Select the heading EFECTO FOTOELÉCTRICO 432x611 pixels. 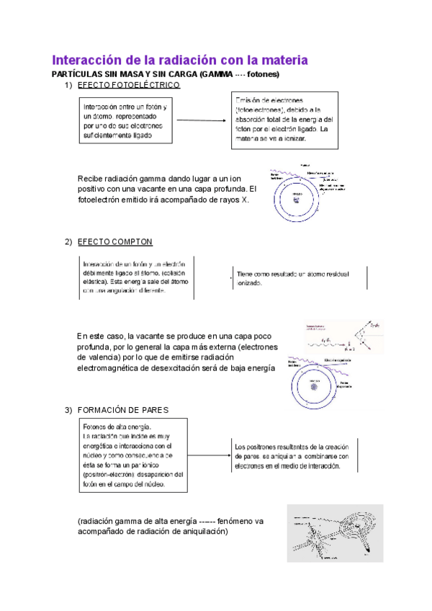click(129, 85)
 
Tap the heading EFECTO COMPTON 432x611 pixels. click(115, 241)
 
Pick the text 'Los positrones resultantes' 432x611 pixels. click(270, 447)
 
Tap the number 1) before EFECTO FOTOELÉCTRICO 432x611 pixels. click(69, 85)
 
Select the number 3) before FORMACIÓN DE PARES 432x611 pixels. click(69, 410)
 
